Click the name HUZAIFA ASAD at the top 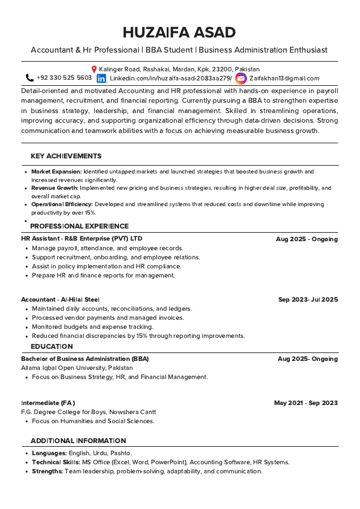[179, 33]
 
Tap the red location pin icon [94, 70]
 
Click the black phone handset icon [30, 78]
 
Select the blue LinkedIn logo [101, 79]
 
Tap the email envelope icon [241, 79]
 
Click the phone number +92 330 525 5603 [64, 78]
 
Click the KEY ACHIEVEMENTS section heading [66, 156]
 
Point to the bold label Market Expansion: [57, 172]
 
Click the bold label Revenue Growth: [55, 188]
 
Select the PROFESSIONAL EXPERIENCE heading [79, 226]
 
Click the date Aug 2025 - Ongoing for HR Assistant [306, 239]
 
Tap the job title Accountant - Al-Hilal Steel [60, 299]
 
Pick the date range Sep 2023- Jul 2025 [307, 299]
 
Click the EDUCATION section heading [51, 346]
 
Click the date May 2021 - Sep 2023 [306, 403]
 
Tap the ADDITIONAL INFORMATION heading [78, 441]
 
